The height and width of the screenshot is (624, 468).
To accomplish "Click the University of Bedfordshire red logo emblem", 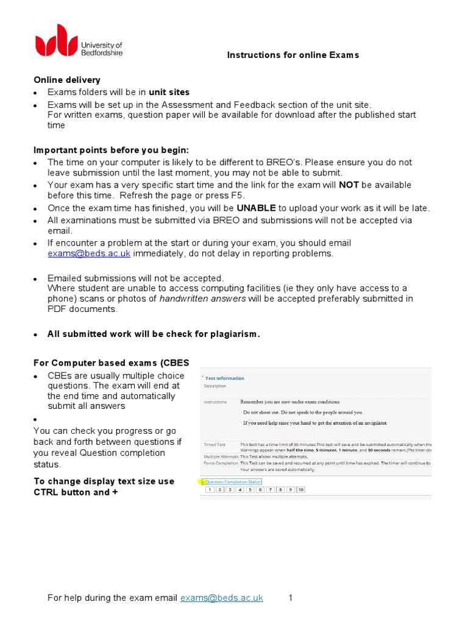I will [56, 40].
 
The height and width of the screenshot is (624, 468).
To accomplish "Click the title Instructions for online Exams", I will [293, 55].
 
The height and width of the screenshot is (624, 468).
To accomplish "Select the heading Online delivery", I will [67, 80].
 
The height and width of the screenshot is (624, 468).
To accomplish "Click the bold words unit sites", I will [169, 92].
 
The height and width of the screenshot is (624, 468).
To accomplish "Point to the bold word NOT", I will [349, 185].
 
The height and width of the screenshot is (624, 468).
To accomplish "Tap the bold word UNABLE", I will [257, 208].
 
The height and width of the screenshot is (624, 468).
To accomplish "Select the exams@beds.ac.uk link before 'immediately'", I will [89, 253].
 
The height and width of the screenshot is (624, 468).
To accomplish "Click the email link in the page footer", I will [222, 598].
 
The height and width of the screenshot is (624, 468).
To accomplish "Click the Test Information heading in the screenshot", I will [224, 378].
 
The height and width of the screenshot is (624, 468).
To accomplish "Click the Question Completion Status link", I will [233, 481].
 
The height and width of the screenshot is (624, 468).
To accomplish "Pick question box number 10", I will [300, 489].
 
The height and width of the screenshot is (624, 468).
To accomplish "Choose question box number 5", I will [250, 489].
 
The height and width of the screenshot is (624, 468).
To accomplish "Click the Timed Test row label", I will [214, 445].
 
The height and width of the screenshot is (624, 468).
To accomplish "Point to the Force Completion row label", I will [221, 463].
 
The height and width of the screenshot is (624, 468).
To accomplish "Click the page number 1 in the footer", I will [291, 598].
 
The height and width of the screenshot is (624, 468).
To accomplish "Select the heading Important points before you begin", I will [111, 150].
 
